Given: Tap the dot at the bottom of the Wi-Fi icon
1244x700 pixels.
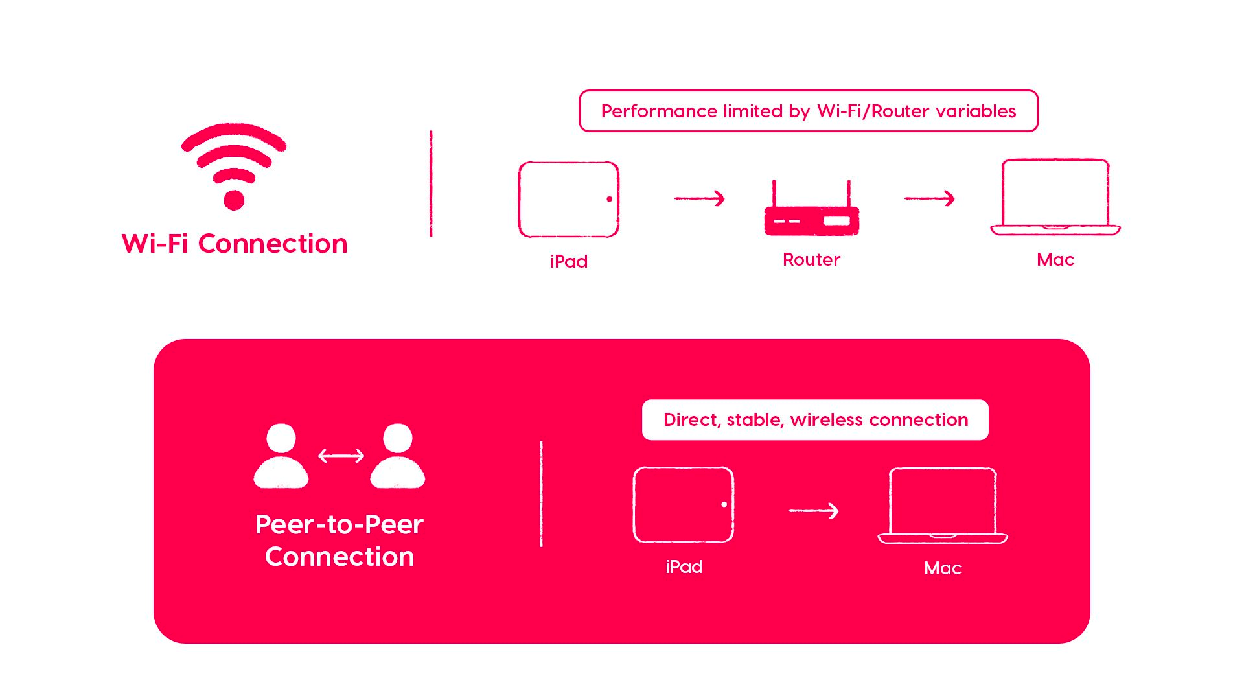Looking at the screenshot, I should pos(234,200).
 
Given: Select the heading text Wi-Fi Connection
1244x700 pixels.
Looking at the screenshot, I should pos(235,244).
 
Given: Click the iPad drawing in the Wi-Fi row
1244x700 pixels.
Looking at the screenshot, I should pos(568,199).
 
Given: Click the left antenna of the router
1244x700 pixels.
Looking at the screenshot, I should pos(774,193).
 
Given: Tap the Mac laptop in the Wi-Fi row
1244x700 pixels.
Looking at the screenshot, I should pos(1055,196).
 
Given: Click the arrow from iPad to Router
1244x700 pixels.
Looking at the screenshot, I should pos(700,198).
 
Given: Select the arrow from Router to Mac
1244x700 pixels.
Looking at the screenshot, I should pos(930,198).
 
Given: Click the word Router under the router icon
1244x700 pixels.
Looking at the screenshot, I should pos(811,260).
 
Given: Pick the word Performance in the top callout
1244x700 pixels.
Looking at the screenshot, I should pos(659,111).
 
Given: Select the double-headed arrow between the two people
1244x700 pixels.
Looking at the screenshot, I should pos(341,456).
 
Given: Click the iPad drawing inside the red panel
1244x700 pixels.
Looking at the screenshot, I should pos(683,504).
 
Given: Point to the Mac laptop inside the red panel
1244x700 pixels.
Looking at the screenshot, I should pos(943,505).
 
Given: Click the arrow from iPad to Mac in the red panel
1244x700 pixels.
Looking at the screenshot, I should pos(814,511).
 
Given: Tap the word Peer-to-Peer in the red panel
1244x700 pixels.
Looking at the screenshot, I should pos(340,524).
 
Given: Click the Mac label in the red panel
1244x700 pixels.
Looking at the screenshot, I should pos(943,568).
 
